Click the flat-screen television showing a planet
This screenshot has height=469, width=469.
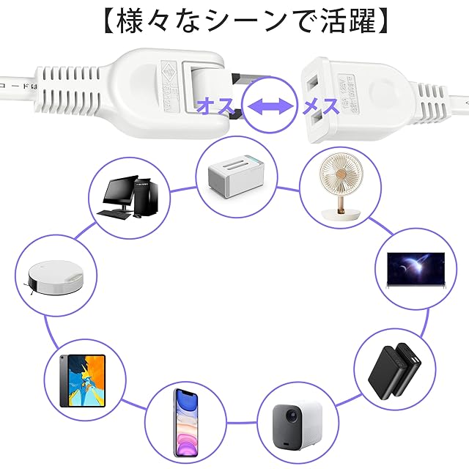coord(416,269)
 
